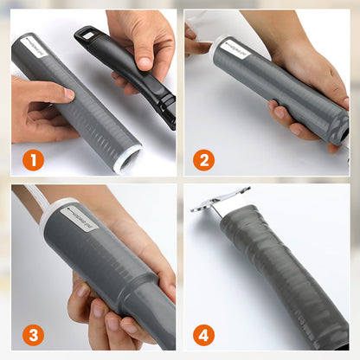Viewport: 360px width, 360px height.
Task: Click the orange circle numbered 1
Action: click(x=32, y=160)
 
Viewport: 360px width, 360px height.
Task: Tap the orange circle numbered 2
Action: click(x=204, y=160)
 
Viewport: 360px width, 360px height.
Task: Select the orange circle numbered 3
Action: click(x=32, y=333)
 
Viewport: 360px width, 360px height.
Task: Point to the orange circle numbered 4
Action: click(x=204, y=333)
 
